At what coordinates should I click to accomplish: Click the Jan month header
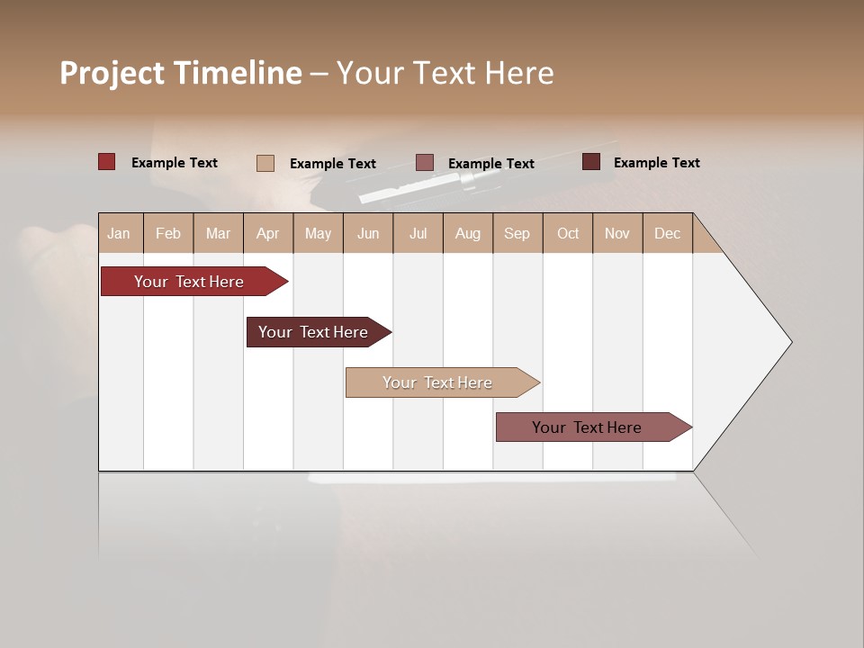[x=120, y=233]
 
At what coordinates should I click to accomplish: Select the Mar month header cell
[x=218, y=233]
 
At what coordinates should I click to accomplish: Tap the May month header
[x=318, y=233]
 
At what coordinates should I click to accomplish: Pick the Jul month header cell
[x=418, y=233]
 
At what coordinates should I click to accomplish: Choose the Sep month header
[x=517, y=233]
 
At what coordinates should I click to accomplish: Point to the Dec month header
[x=667, y=233]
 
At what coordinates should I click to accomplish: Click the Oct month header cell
[x=568, y=233]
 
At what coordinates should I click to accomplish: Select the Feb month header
[x=168, y=233]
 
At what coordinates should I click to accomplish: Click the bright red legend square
[x=106, y=162]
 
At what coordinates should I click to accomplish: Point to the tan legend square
[x=265, y=163]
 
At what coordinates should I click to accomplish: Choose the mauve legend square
[x=425, y=163]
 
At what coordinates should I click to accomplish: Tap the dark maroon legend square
[x=590, y=162]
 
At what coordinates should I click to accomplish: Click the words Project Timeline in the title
[x=180, y=73]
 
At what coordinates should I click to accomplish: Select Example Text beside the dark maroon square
[x=656, y=162]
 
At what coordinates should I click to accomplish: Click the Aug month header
[x=468, y=233]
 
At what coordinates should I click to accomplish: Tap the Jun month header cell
[x=368, y=233]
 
